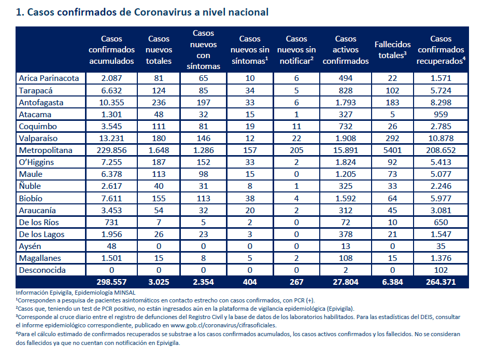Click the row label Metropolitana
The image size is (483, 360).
[46, 150]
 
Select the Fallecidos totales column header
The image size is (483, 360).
[392, 50]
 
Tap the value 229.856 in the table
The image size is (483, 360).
[111, 150]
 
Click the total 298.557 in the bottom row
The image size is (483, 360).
[111, 282]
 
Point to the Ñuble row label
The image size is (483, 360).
[30, 186]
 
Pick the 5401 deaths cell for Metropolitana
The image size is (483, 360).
[392, 150]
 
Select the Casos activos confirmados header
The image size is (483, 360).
[346, 50]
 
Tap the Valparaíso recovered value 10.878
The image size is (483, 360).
[441, 138]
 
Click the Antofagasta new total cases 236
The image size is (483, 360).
[159, 102]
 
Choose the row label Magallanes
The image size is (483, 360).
[40, 258]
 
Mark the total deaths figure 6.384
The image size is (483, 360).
[392, 282]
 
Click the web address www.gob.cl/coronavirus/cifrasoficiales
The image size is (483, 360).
[223, 325]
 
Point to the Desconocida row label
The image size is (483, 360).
[42, 270]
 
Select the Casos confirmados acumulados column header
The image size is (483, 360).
[111, 50]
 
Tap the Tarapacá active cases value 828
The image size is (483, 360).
[346, 90]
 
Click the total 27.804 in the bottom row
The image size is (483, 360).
[346, 282]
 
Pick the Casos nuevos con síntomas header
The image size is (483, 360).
[203, 50]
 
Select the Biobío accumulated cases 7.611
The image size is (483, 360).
[111, 198]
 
